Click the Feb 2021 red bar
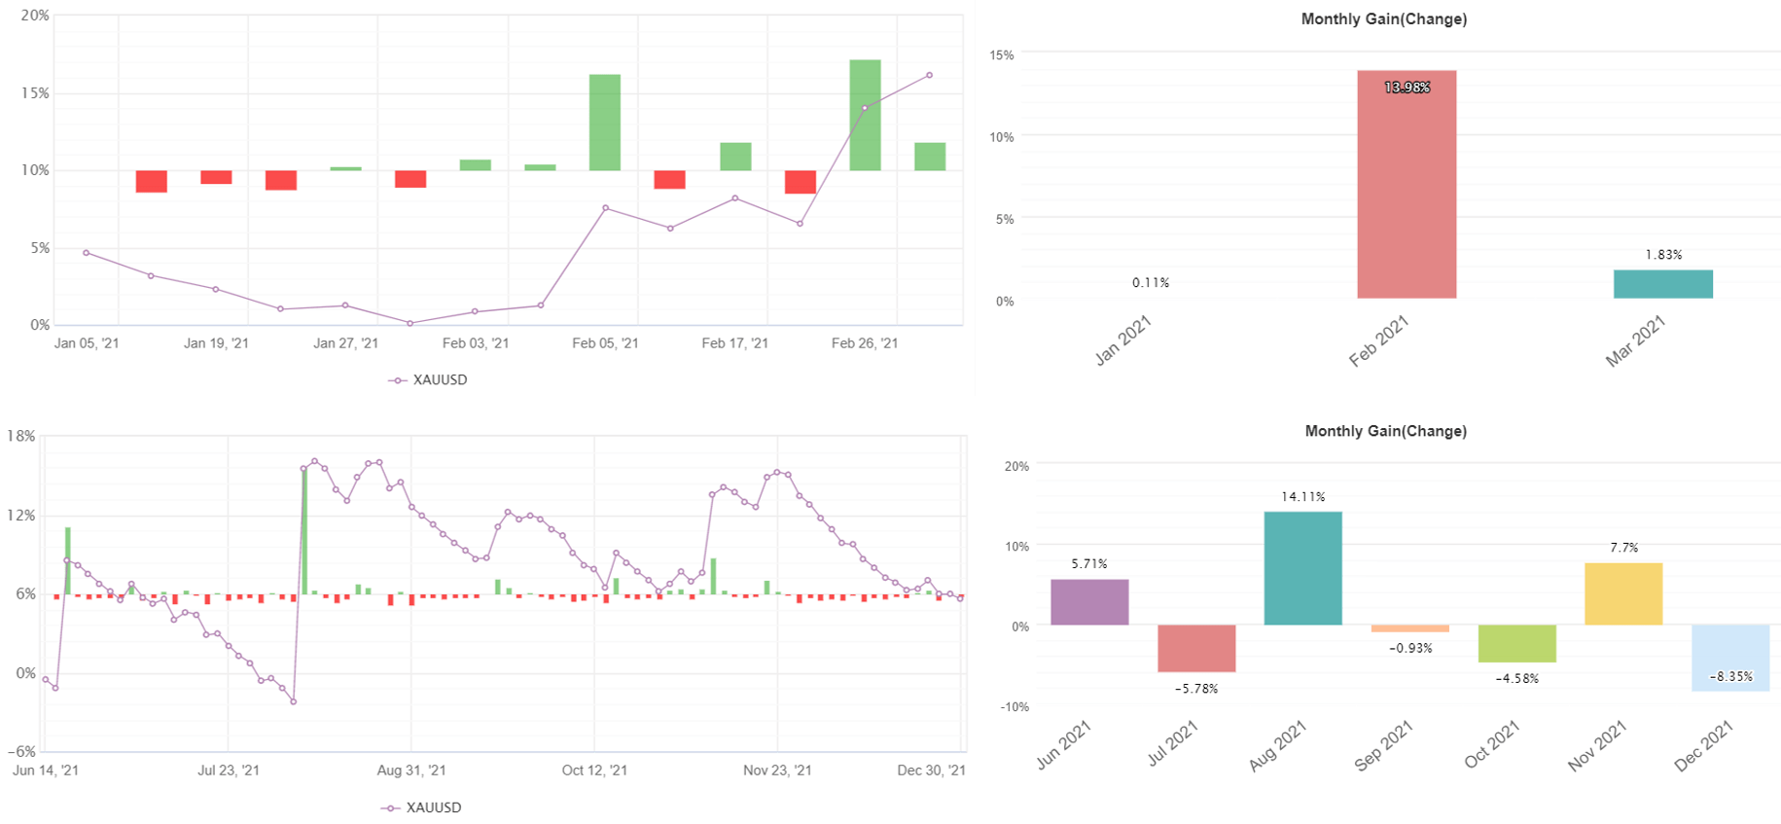(1407, 185)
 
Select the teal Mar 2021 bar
(1662, 284)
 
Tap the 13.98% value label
(1407, 88)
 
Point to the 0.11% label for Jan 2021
(1151, 283)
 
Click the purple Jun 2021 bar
(1089, 602)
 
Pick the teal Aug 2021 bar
(1302, 568)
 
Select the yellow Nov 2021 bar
(1622, 593)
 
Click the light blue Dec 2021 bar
(1729, 658)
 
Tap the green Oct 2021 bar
(1516, 643)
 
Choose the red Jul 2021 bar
(1196, 648)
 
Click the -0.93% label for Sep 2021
(1410, 648)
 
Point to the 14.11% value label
(1302, 497)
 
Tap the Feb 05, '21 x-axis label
(605, 343)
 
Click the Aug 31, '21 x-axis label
(411, 770)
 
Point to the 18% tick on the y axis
(21, 436)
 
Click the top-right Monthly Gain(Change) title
(1383, 19)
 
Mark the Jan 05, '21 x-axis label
(87, 343)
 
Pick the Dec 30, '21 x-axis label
(931, 770)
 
